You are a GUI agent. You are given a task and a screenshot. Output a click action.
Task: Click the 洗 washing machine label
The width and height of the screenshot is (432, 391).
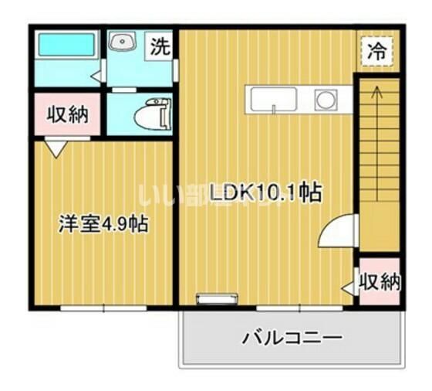coord(159,46)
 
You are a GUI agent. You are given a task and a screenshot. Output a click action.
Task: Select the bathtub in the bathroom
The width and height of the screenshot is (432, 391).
coord(66,44)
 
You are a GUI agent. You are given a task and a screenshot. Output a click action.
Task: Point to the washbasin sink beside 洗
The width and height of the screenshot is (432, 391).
coord(122,42)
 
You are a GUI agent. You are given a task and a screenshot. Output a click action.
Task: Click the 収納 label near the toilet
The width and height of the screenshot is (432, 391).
coord(66,114)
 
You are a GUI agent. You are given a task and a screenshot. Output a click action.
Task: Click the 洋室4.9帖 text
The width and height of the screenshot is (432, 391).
coord(104,224)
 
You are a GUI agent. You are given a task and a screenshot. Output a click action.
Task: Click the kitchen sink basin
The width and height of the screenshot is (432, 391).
coord(272,100)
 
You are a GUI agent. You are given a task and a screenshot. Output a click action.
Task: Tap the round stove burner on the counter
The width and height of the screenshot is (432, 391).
coord(325,100)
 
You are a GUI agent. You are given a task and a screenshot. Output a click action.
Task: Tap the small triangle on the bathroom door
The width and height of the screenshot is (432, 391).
coord(96,75)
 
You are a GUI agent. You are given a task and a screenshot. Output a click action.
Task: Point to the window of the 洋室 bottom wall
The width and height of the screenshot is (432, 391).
coord(103,308)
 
